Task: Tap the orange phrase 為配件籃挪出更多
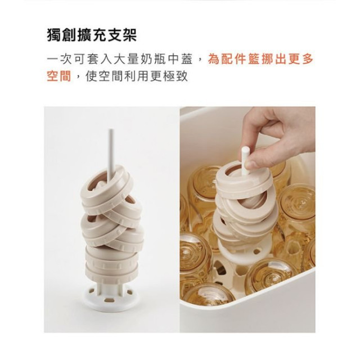click(x=260, y=59)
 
